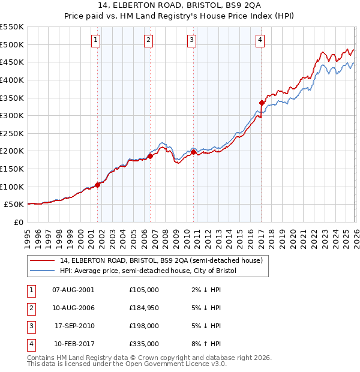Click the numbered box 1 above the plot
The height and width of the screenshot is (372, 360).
[96, 40]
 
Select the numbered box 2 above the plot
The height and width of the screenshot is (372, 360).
[148, 40]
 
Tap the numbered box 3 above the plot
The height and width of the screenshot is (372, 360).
[191, 40]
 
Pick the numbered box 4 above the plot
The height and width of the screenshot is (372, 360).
[260, 40]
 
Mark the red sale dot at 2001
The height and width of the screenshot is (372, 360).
[97, 185]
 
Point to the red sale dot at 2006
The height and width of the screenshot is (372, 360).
[150, 156]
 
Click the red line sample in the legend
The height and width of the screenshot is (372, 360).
[43, 261]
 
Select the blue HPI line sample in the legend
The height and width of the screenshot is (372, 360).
[43, 271]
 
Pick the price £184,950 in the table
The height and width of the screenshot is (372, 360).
[144, 308]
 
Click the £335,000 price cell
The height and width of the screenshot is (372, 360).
[144, 344]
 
